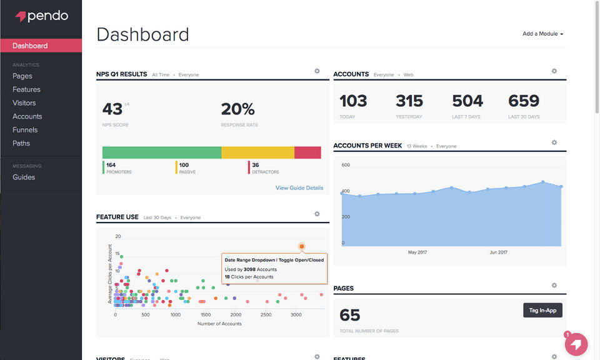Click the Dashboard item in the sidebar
(x=30, y=46)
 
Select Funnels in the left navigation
(x=25, y=130)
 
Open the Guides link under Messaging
(x=24, y=177)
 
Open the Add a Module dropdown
(x=542, y=34)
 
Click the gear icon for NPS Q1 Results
(x=317, y=71)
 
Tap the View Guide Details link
(x=299, y=188)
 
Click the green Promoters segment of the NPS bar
(x=161, y=152)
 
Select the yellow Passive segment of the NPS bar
(x=257, y=152)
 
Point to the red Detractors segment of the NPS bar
(x=307, y=152)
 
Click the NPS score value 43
(x=112, y=109)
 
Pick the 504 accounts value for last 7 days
(x=467, y=101)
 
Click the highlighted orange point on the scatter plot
(x=302, y=247)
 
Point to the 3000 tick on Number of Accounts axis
(x=296, y=315)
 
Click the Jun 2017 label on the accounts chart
(x=498, y=252)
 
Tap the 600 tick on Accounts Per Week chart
(x=346, y=166)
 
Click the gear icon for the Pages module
(x=554, y=286)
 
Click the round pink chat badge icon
(x=576, y=344)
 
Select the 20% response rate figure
(x=237, y=109)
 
